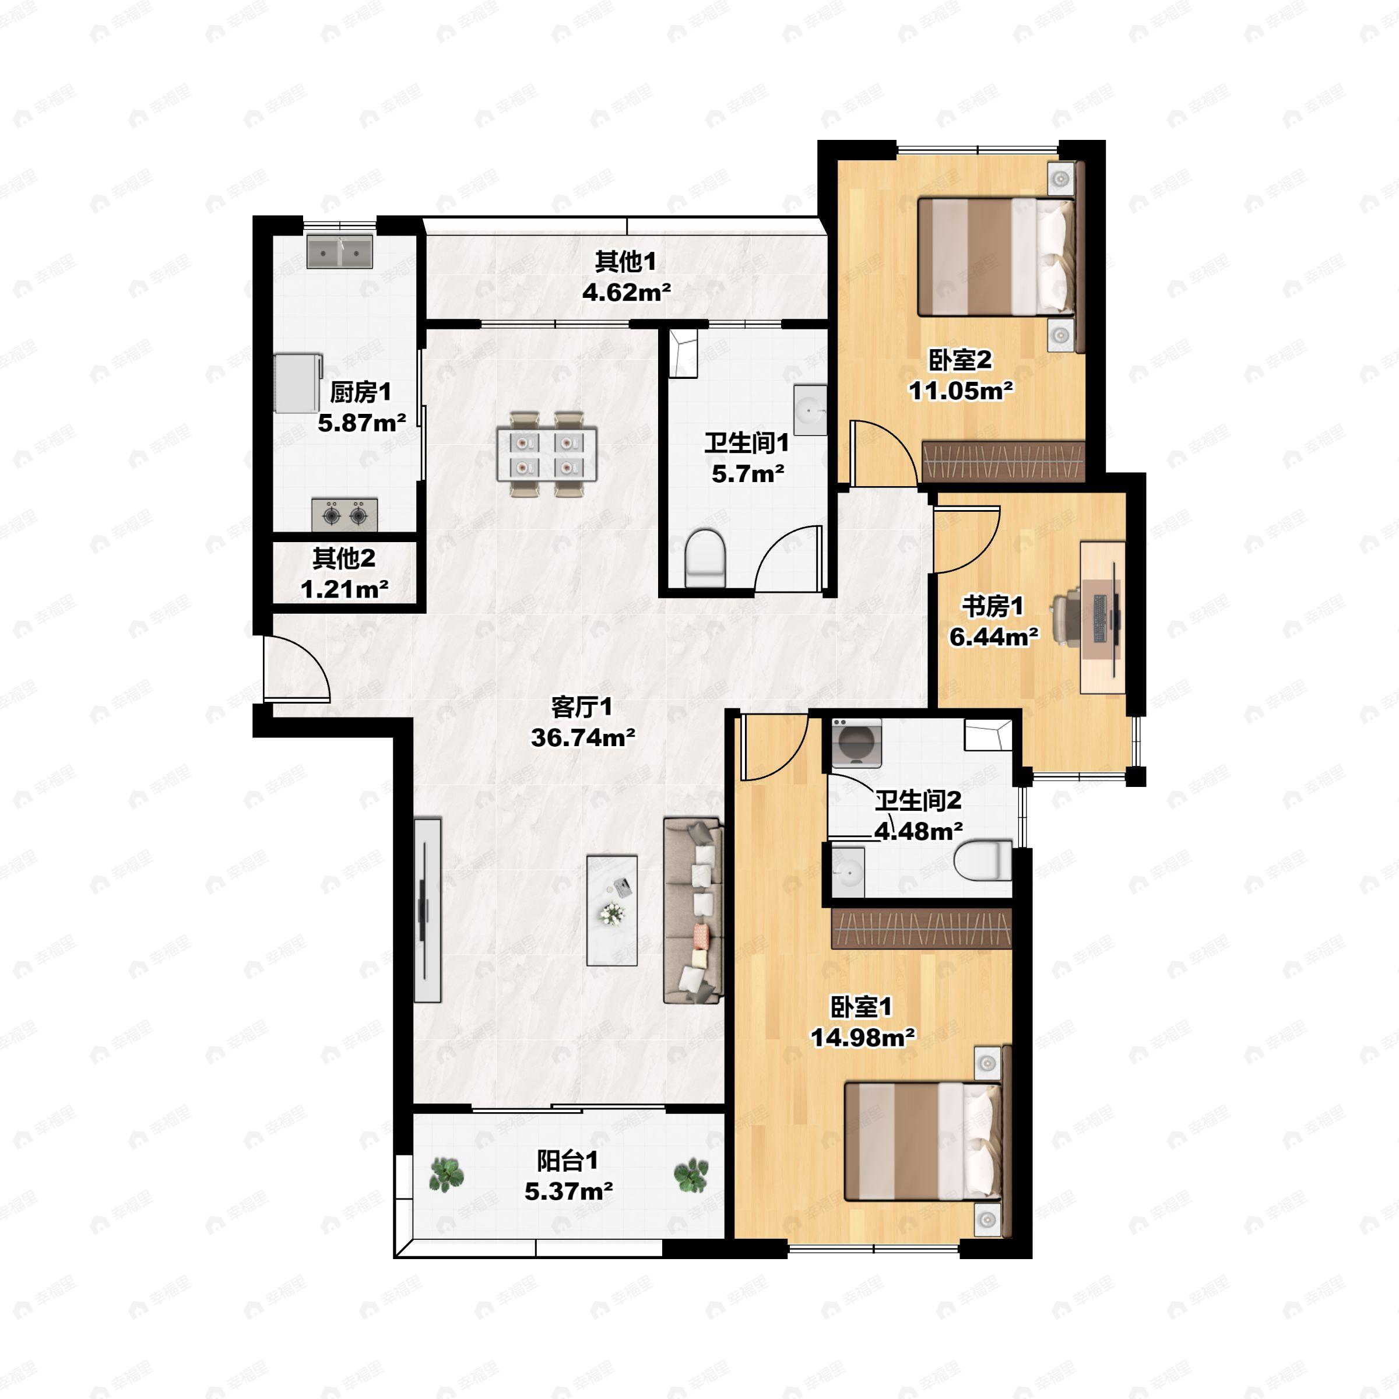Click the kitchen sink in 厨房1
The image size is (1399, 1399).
pos(340,251)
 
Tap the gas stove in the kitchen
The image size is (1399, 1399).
pos(345,515)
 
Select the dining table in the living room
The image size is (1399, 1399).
pos(547,454)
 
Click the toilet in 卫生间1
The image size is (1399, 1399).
pos(705,558)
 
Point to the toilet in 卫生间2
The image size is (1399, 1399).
pos(983,860)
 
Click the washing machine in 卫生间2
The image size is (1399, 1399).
pos(857,743)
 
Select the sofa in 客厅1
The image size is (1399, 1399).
pos(694,911)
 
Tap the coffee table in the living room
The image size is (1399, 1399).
pos(612,910)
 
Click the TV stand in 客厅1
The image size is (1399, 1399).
pos(427,910)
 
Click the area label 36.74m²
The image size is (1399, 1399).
pos(583,737)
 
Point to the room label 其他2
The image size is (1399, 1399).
pos(344,558)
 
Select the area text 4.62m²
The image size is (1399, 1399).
pos(627,292)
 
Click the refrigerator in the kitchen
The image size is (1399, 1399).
pos(298,382)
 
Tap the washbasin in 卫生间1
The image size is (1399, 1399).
pos(810,410)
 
